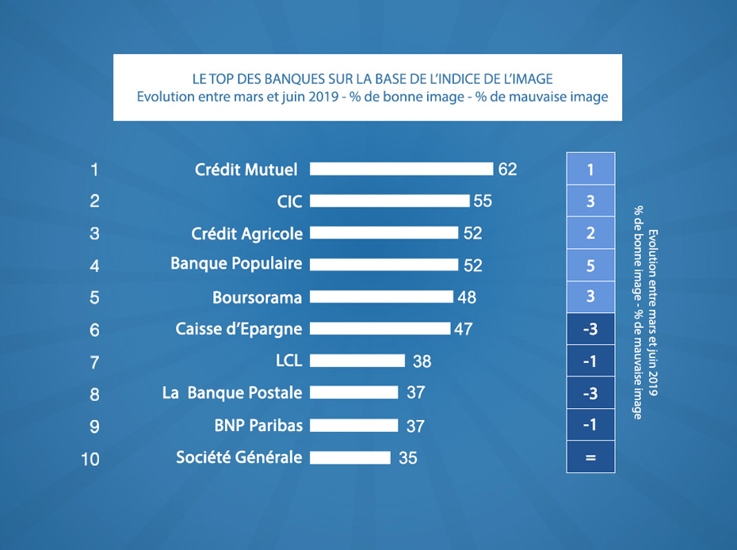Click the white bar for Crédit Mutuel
click(x=401, y=169)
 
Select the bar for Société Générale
click(x=350, y=457)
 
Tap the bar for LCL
click(x=357, y=361)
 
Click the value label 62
click(x=507, y=170)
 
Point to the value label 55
click(x=483, y=201)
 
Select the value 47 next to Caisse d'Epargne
click(x=463, y=329)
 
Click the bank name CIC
click(x=290, y=201)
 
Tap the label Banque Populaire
click(x=236, y=264)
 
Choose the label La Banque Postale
click(x=231, y=393)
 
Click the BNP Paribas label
click(x=258, y=425)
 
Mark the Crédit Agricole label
click(x=246, y=233)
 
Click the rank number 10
click(x=91, y=459)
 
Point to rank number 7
click(x=94, y=362)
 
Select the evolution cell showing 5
click(x=590, y=265)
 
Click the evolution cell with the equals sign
click(x=590, y=457)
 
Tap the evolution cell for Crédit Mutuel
click(x=590, y=169)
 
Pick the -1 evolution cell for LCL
click(x=590, y=361)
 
